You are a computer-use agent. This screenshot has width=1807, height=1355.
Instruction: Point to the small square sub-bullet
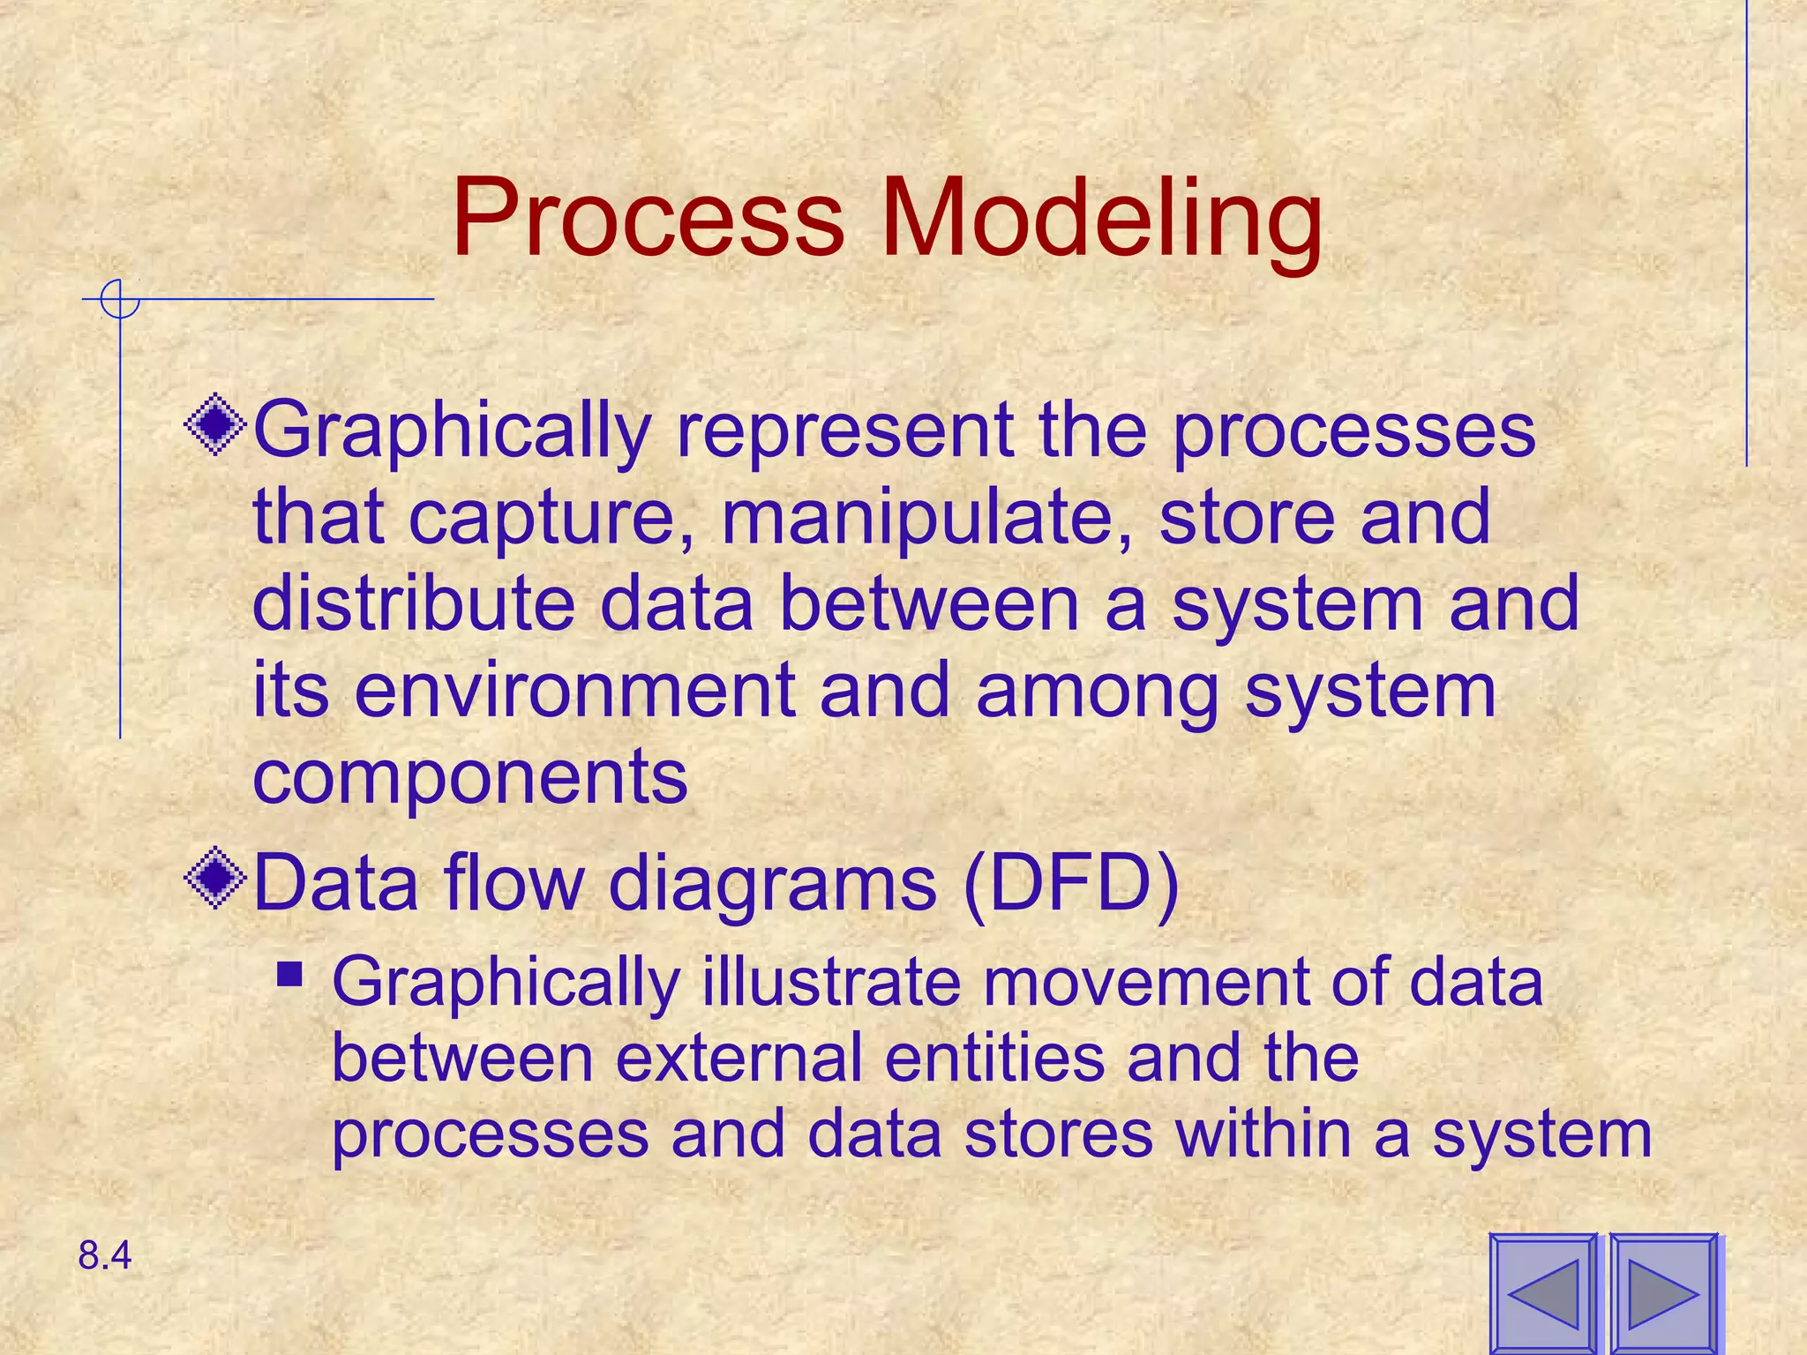click(x=289, y=974)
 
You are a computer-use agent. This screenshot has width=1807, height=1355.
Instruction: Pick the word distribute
click(x=412, y=604)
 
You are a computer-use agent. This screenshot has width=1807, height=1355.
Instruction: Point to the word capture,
click(x=552, y=518)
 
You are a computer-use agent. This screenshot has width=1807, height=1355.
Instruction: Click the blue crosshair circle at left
click(x=120, y=300)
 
